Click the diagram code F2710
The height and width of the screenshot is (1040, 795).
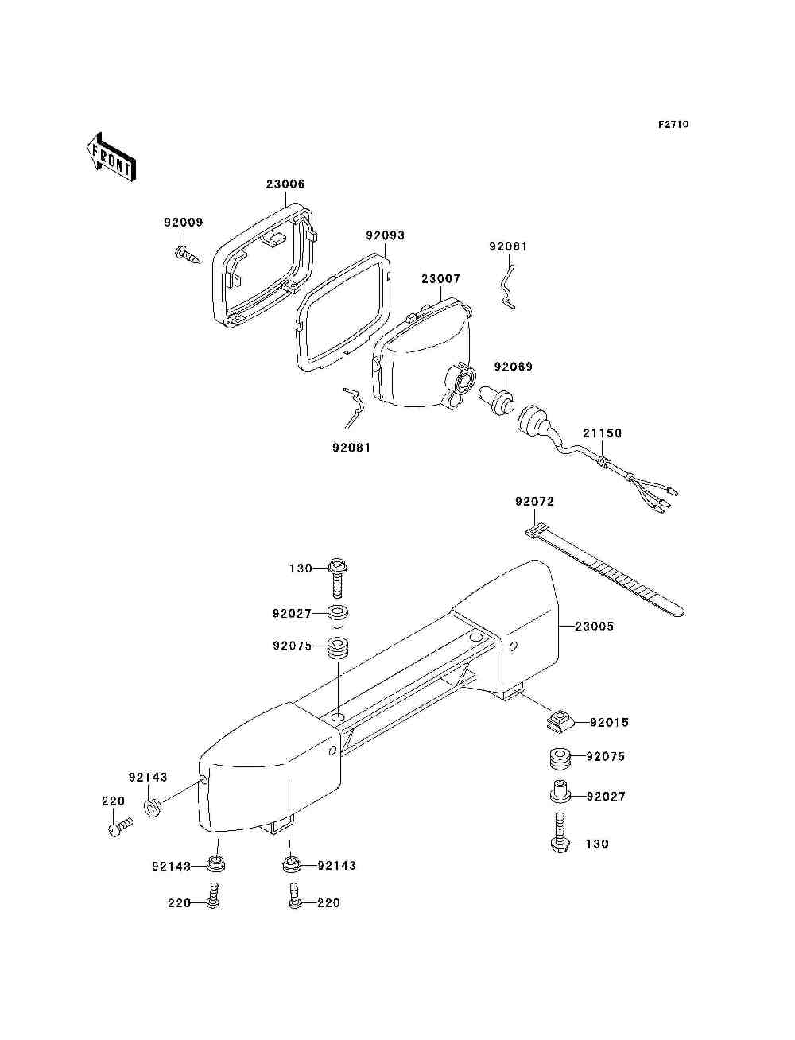click(673, 125)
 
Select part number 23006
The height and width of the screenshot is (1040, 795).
click(285, 184)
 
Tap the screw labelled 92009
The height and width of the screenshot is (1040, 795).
click(186, 254)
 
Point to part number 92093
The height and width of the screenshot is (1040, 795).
click(385, 235)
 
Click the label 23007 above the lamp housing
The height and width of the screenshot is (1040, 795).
click(440, 279)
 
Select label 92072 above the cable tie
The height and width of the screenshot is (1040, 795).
click(534, 502)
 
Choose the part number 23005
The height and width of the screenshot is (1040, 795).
click(594, 626)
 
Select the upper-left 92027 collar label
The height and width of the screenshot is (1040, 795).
click(292, 614)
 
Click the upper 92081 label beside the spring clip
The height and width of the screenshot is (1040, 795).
click(508, 246)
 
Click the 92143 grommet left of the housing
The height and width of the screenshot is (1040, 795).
click(153, 809)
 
